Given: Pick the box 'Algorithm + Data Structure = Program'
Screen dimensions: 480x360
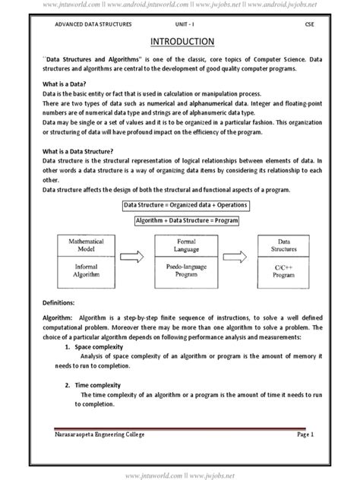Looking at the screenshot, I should pyautogui.click(x=187, y=220).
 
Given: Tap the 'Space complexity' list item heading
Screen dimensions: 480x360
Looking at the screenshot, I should pyautogui.click(x=96, y=346).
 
